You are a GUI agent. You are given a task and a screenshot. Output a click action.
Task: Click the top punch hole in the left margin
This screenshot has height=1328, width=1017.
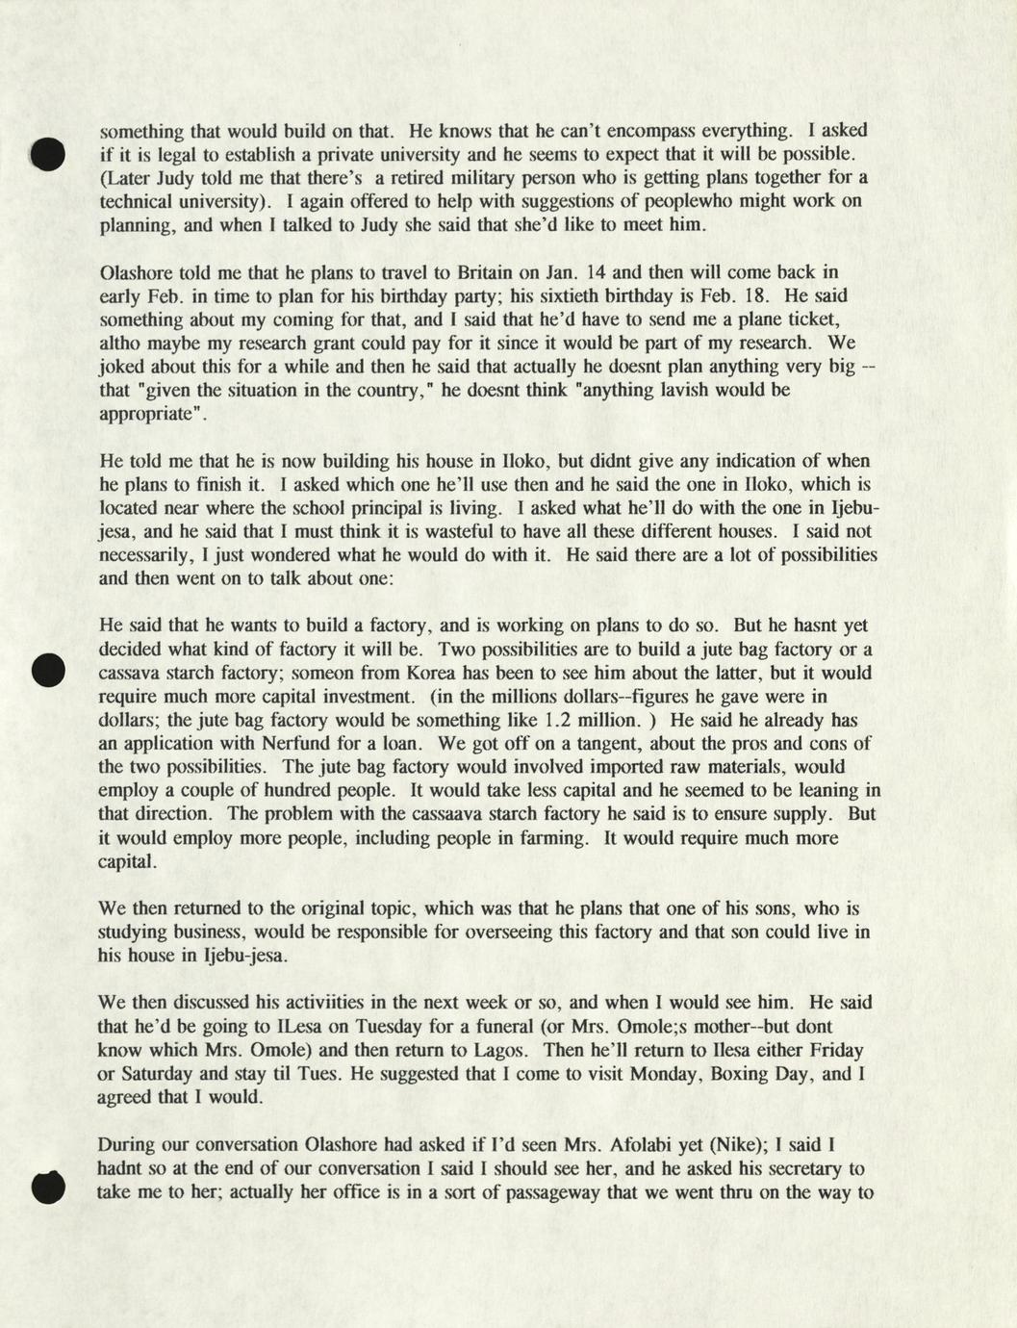click(x=47, y=154)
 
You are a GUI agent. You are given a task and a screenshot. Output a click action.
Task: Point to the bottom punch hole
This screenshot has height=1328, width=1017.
click(x=47, y=1187)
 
